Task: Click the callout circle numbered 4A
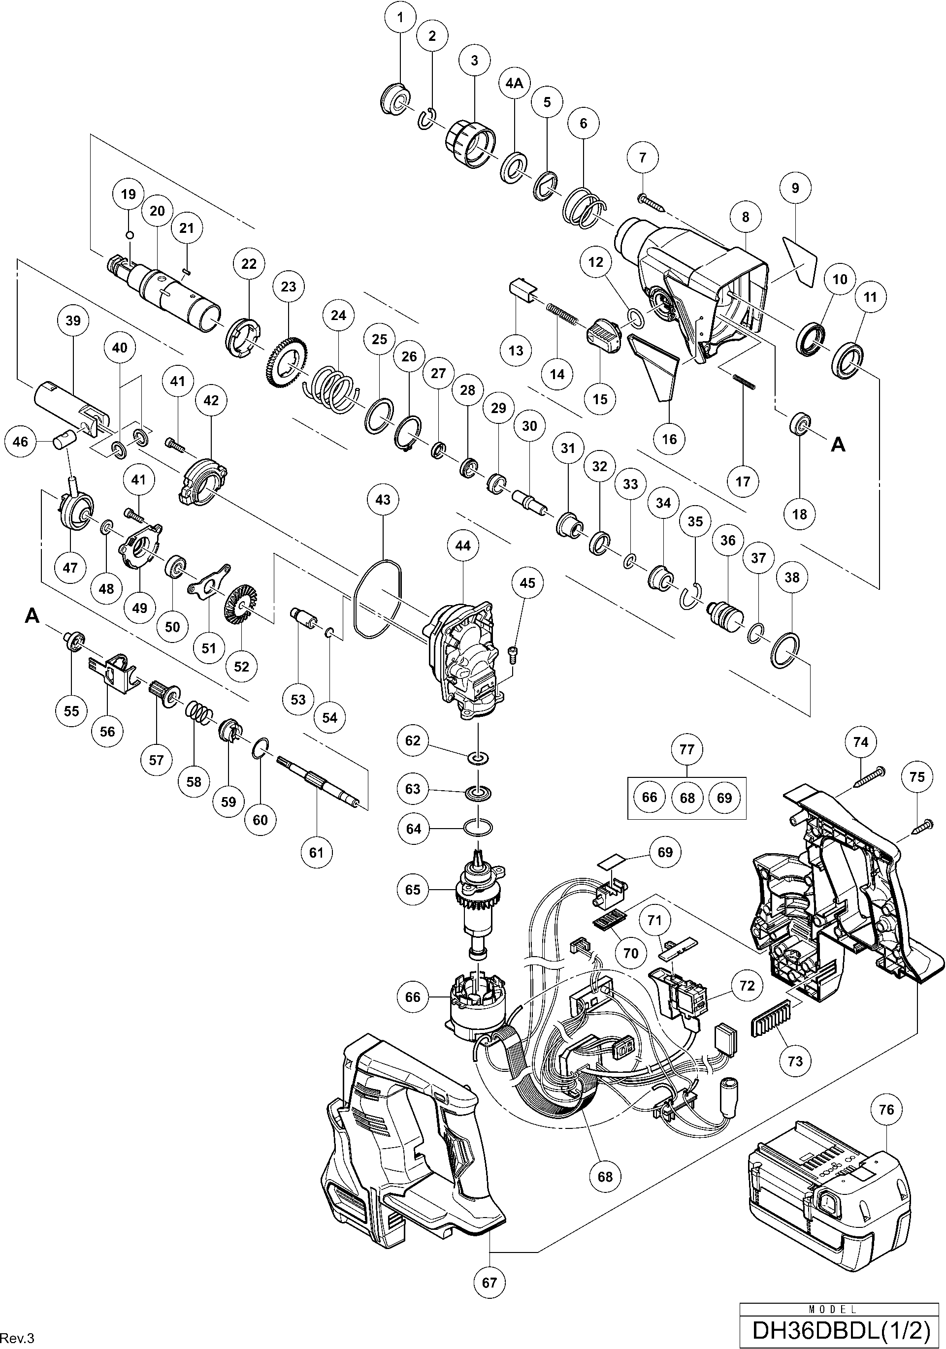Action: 514,83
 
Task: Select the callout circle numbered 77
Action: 687,749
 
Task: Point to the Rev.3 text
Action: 18,1337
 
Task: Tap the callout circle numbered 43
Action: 383,500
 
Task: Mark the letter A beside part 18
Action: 838,446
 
